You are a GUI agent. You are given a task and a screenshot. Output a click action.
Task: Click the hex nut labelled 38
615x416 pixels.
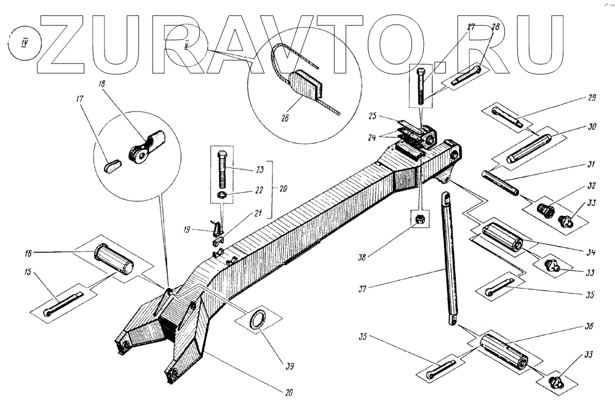(x=418, y=220)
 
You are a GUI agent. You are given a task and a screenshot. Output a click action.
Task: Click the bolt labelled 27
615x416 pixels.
(x=420, y=87)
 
